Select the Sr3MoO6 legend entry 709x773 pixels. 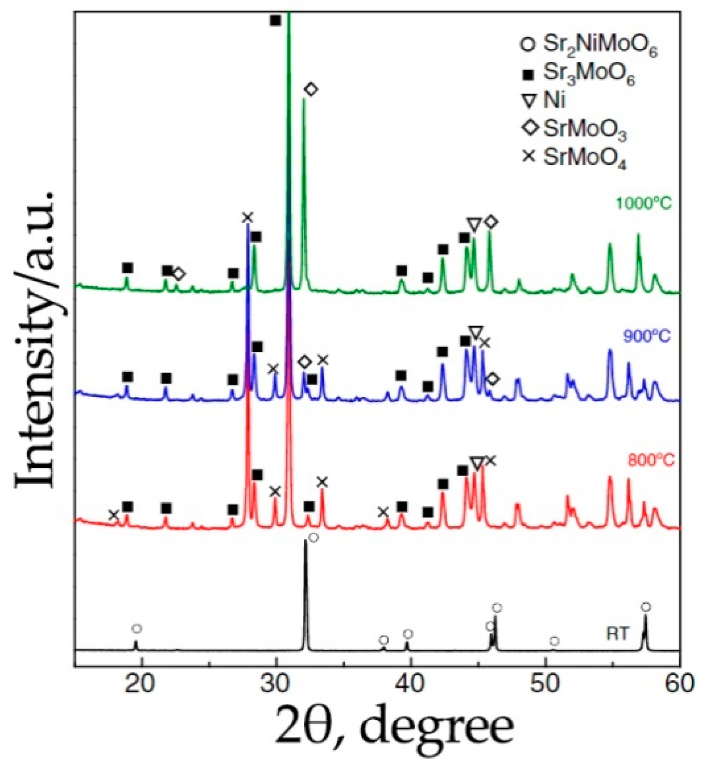580,73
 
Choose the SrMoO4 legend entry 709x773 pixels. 575,158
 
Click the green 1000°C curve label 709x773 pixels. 643,204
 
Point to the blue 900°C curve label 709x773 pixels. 647,335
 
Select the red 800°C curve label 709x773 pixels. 650,460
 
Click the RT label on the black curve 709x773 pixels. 618,633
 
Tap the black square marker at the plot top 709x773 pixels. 275,20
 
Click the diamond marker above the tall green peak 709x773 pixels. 311,89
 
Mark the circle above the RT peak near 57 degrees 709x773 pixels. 646,607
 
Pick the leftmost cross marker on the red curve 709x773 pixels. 113,515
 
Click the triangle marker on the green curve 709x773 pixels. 474,224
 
